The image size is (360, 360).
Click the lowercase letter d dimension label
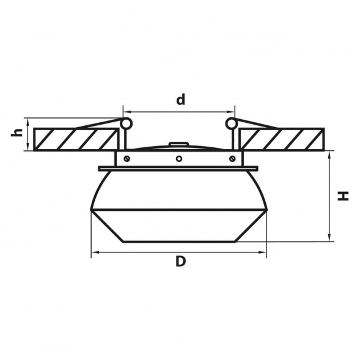(180, 99)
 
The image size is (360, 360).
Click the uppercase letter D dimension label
(180, 261)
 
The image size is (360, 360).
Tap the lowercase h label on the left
(17, 133)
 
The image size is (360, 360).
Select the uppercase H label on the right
(343, 196)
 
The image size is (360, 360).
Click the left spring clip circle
(127, 123)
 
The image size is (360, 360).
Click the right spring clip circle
(231, 123)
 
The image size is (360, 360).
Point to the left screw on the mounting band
(127, 158)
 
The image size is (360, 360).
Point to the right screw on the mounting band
(232, 158)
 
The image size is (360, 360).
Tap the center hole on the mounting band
(179, 158)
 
